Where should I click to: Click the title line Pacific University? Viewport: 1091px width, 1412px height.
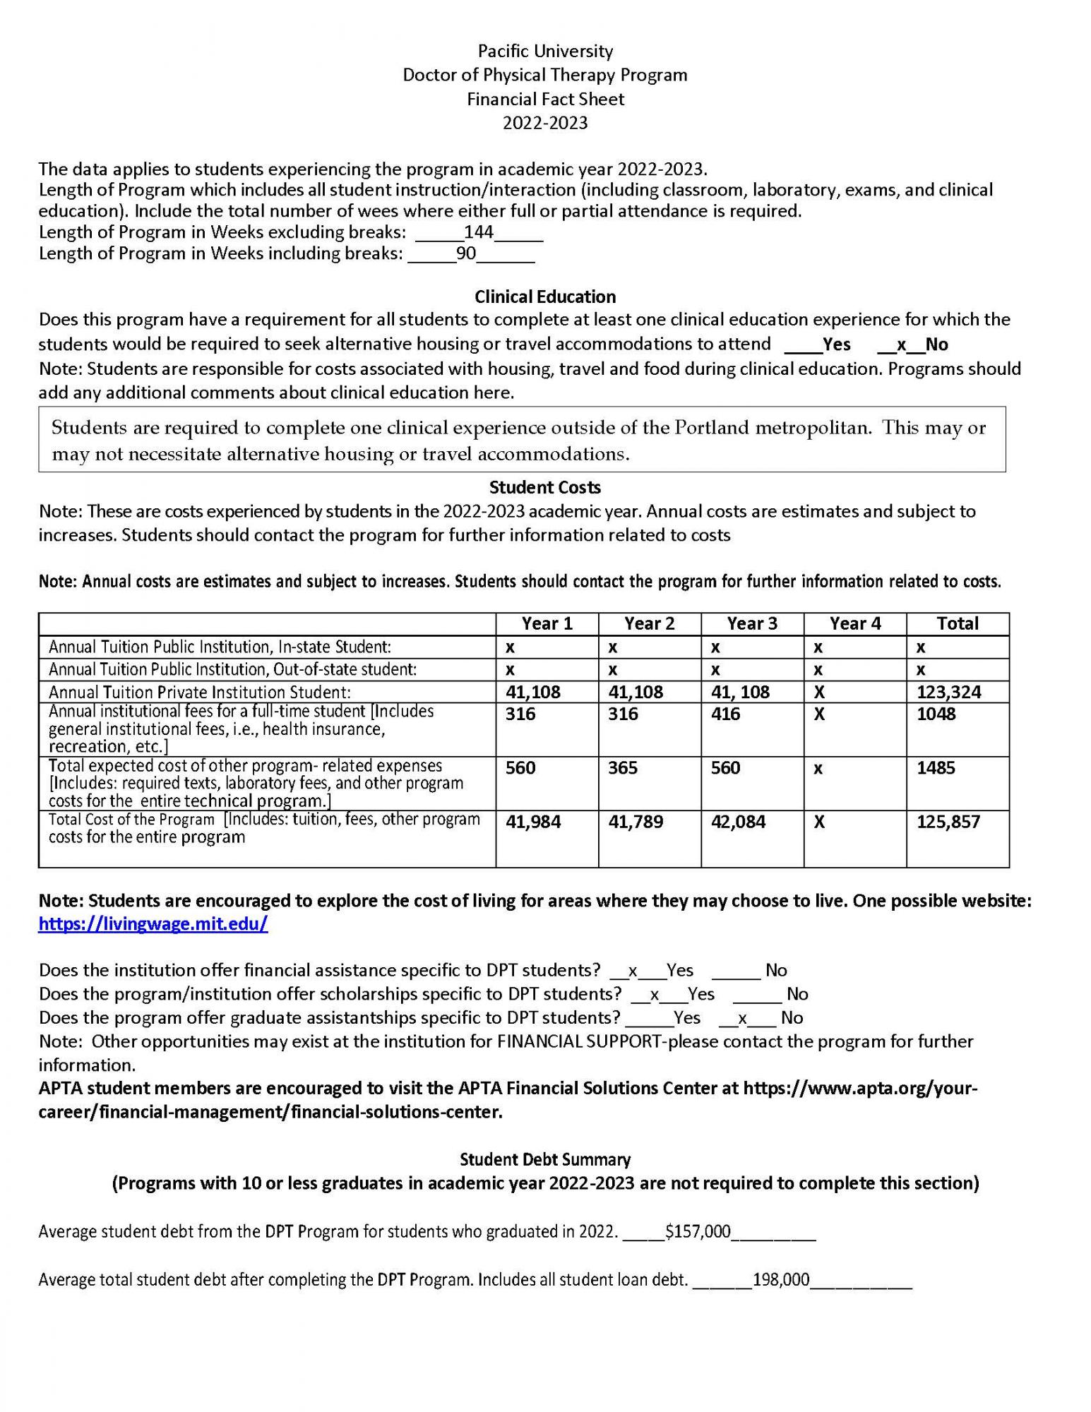coord(545,51)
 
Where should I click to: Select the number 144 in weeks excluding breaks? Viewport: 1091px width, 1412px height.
coord(478,232)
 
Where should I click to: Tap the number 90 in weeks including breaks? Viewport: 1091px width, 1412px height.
coord(466,253)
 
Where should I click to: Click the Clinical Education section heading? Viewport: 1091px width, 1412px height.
coord(545,297)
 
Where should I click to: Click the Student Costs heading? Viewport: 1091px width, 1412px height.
coord(545,487)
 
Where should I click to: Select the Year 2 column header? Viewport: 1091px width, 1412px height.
coord(649,623)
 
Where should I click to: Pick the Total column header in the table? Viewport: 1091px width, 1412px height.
coord(957,623)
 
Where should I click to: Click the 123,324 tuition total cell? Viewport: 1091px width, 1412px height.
coord(948,692)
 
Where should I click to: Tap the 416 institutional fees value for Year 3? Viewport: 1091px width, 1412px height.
coord(725,714)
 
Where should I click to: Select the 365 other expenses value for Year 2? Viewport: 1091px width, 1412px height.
coord(623,767)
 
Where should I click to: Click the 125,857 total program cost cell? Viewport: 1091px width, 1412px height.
coord(948,822)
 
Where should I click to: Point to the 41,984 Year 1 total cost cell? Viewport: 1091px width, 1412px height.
coord(533,822)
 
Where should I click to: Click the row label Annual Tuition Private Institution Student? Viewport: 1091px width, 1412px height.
coord(200,693)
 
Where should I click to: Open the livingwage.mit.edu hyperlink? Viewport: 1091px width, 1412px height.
coord(153,924)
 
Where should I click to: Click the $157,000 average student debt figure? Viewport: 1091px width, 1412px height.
coord(698,1232)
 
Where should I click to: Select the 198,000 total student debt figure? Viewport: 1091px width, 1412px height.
coord(781,1280)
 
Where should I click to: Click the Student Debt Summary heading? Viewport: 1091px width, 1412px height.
coord(545,1159)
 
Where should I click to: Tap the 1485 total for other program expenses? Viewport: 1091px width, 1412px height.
coord(936,767)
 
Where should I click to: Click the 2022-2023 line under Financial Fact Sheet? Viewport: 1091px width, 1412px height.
coord(545,123)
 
